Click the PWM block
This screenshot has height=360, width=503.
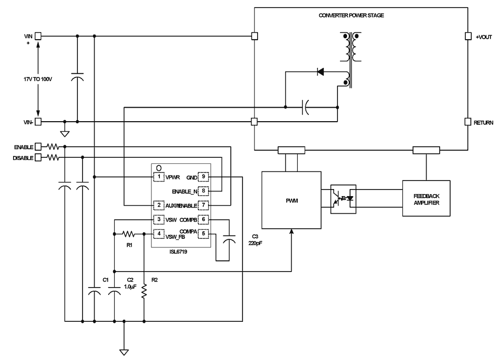[x=291, y=199]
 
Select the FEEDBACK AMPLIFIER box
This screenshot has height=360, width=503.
[x=427, y=198]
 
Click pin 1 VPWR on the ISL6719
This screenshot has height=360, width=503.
[x=158, y=176]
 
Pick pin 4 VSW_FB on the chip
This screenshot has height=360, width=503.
[x=158, y=233]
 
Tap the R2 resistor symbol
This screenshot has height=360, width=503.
[x=144, y=291]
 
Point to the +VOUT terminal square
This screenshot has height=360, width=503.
[x=467, y=36]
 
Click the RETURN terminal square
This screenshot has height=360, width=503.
[x=467, y=122]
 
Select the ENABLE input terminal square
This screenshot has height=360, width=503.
[x=38, y=147]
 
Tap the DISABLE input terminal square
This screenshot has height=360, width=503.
[x=38, y=158]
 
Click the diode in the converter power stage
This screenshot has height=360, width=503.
[x=320, y=71]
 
